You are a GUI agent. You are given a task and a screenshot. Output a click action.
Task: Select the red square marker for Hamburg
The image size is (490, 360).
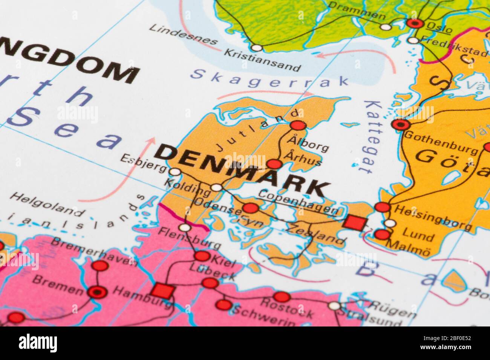coord(163,290)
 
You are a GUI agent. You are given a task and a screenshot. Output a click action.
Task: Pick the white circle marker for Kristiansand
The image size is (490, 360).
coord(256,48)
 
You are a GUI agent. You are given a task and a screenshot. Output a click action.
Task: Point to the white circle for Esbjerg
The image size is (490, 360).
coord(175,172)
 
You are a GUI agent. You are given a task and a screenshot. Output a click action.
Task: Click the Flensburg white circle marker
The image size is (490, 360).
coord(184,227)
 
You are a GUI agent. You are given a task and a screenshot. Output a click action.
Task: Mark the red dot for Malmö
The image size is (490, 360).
coord(382,235)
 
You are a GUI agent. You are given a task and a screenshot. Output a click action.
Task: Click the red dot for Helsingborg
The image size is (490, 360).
coord(383,207)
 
